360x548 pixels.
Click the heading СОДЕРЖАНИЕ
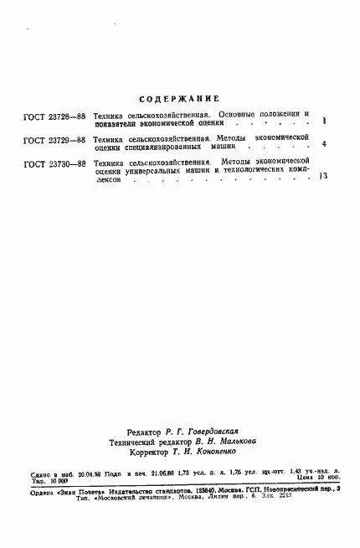click(x=180, y=99)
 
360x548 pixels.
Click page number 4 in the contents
click(x=324, y=144)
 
